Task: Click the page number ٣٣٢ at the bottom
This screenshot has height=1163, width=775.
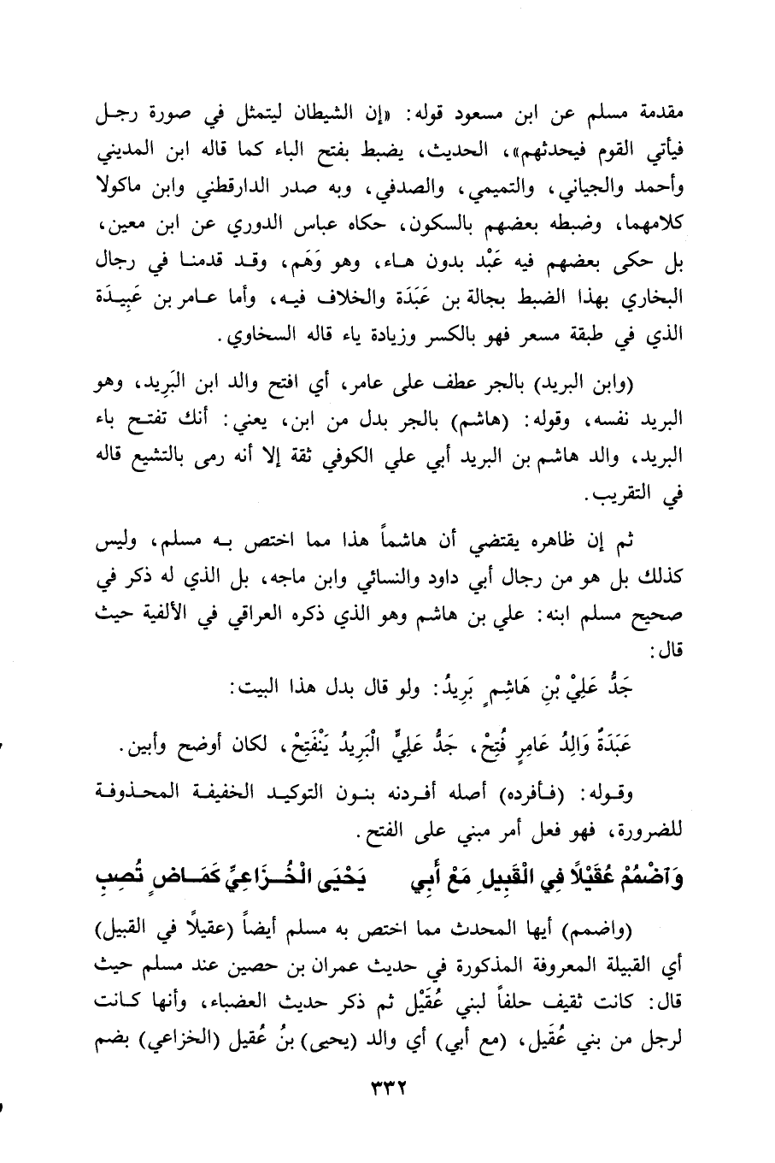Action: click(387, 1111)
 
